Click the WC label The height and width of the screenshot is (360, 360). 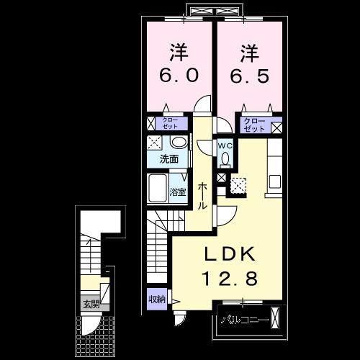[x=225, y=145]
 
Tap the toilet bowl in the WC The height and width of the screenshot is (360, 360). [x=225, y=159]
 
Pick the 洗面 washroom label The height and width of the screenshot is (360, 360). [x=170, y=158]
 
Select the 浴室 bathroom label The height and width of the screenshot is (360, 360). [x=178, y=192]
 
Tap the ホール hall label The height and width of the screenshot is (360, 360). [x=204, y=194]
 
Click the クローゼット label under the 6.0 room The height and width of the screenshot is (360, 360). [x=171, y=123]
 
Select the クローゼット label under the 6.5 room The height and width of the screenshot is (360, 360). [x=253, y=124]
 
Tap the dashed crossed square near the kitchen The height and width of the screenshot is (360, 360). [x=238, y=186]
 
